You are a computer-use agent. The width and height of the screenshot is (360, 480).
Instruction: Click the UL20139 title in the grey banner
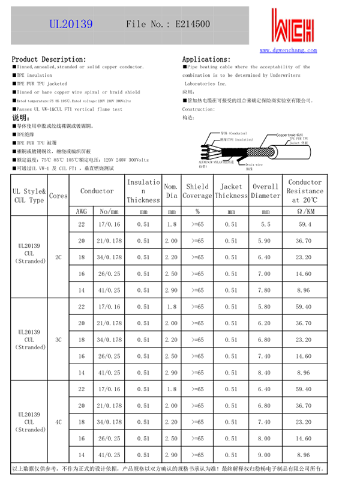click(x=70, y=25)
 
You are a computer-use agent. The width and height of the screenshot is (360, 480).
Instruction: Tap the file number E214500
click(x=167, y=25)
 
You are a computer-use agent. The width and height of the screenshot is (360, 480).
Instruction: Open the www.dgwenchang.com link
click(x=288, y=50)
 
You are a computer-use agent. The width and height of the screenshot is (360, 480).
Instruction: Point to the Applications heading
click(x=207, y=59)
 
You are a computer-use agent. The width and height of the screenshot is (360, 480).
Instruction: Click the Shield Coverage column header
click(x=197, y=191)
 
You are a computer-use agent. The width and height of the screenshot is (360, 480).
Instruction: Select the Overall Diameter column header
click(x=266, y=191)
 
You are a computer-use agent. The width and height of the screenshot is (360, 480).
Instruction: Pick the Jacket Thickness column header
click(x=231, y=191)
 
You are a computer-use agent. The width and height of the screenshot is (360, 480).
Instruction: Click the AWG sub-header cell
click(x=82, y=212)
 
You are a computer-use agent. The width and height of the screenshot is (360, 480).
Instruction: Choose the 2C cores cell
click(x=59, y=257)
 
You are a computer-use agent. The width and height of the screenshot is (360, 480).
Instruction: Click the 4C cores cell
click(x=59, y=422)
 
